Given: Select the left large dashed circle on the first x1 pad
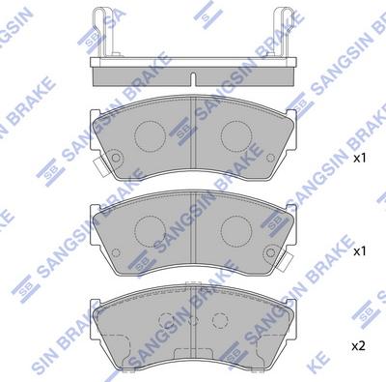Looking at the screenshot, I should (149, 137).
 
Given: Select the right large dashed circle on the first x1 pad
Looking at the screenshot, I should (237, 137).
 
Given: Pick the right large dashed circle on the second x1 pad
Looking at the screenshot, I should (237, 229).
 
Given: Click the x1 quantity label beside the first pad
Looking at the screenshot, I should (359, 158).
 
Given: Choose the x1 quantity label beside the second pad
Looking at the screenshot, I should (359, 250).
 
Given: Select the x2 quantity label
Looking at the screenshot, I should (359, 344).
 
